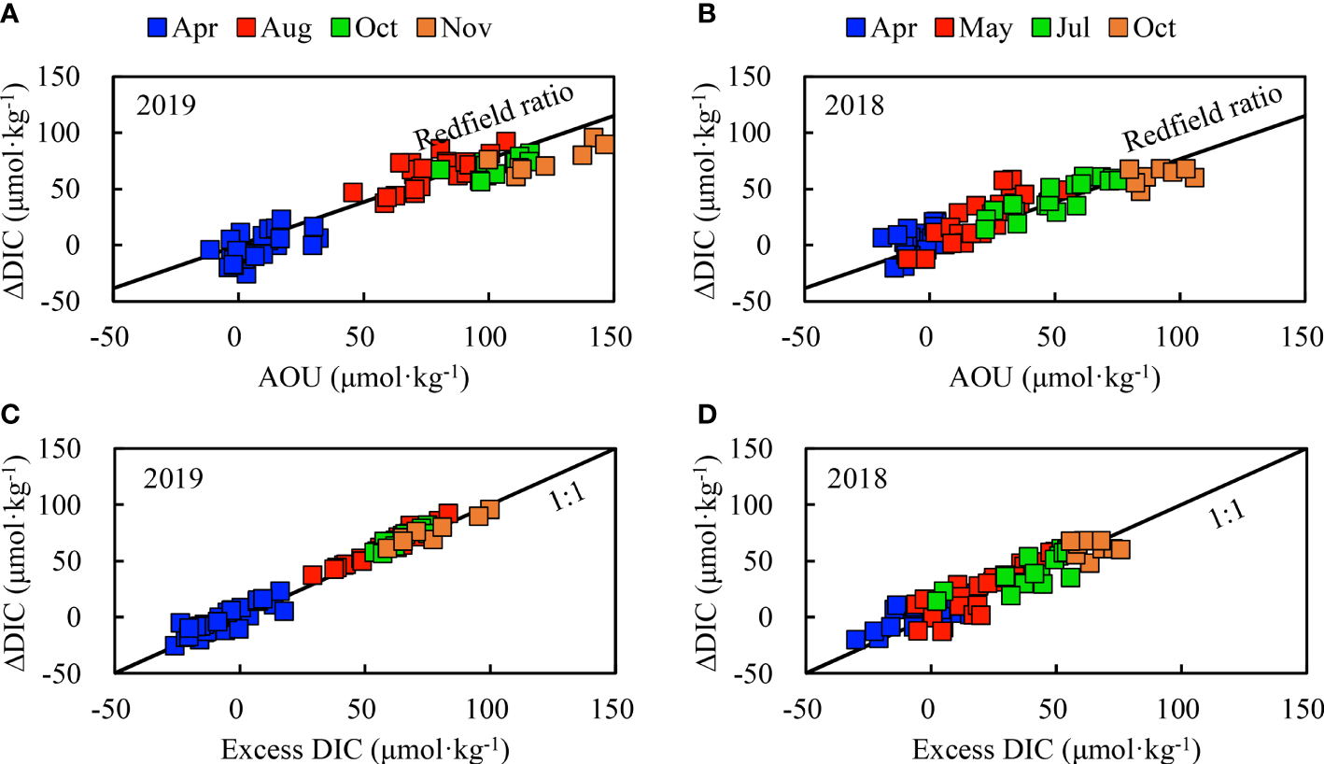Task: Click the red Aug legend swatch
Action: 247,28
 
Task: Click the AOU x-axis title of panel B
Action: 1054,377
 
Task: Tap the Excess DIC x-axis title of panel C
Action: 363,749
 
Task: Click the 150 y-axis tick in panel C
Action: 86,449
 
